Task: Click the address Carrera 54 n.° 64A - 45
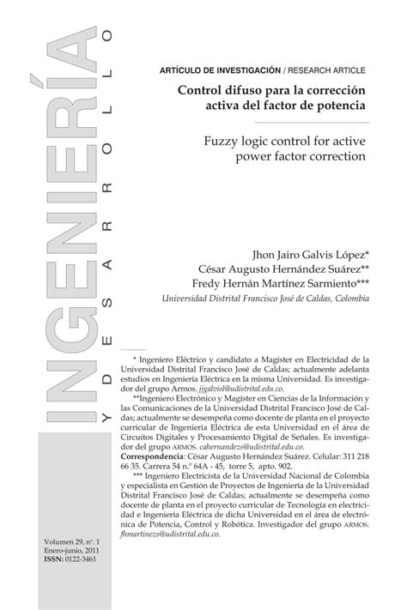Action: pos(199,468)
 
